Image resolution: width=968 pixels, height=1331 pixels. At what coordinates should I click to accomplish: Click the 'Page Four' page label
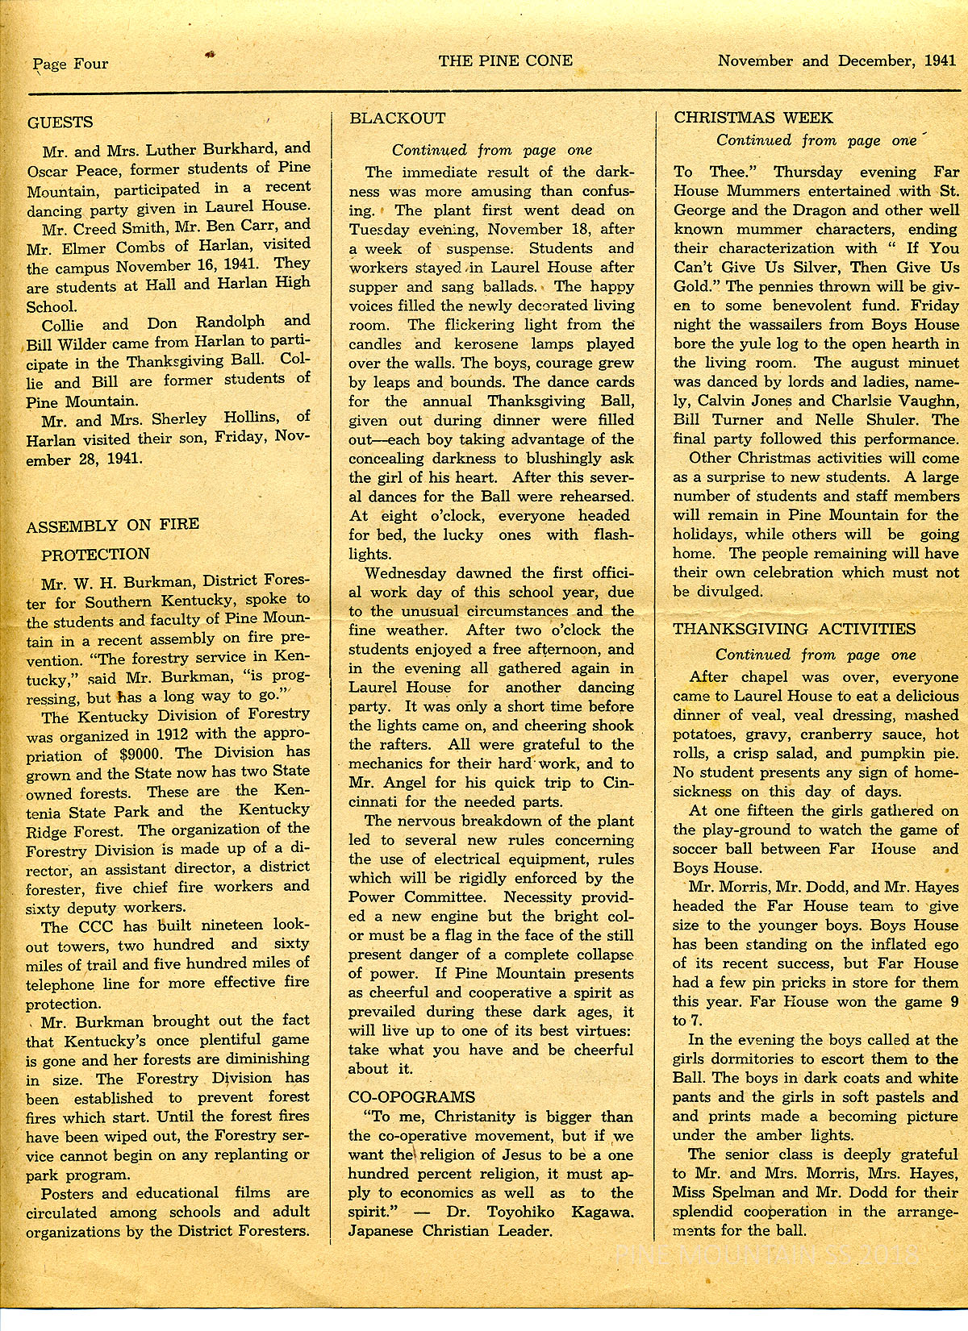pyautogui.click(x=70, y=64)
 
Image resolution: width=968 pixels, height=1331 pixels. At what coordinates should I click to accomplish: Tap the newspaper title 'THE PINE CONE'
pyautogui.click(x=506, y=60)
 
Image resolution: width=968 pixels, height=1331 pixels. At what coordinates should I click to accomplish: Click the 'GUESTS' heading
pyautogui.click(x=60, y=123)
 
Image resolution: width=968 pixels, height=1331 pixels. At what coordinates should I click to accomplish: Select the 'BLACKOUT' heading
pyautogui.click(x=397, y=118)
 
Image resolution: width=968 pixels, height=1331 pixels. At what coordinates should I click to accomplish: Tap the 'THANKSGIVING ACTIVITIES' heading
pyautogui.click(x=795, y=629)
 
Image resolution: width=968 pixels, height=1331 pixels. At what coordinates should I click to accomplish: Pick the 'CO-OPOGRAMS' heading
pyautogui.click(x=412, y=1097)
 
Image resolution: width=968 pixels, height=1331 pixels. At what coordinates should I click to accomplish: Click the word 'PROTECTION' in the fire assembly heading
pyautogui.click(x=95, y=555)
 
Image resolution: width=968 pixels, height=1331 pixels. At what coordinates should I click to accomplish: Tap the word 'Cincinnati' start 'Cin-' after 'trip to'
pyautogui.click(x=615, y=783)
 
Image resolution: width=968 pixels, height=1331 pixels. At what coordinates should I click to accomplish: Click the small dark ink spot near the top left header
pyautogui.click(x=211, y=55)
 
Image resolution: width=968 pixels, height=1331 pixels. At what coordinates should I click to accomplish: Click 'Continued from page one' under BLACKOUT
pyautogui.click(x=492, y=150)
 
